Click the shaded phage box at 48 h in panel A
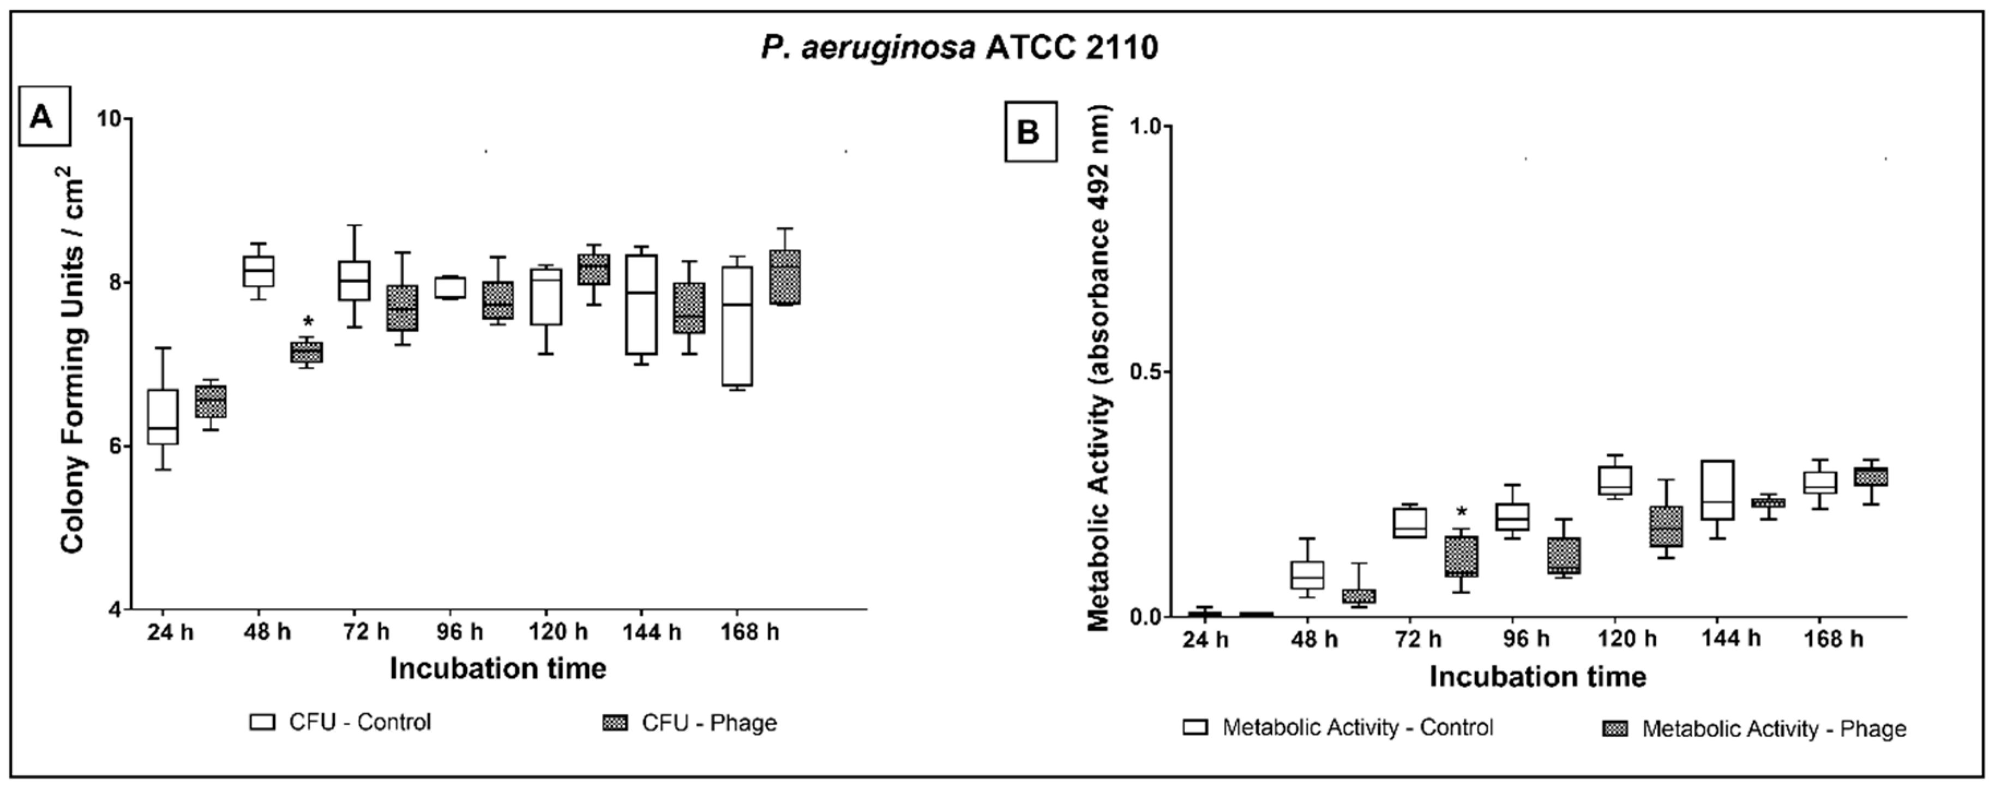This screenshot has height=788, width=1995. pyautogui.click(x=307, y=352)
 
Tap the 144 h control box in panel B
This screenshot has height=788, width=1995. pyautogui.click(x=1717, y=489)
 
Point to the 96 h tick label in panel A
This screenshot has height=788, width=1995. pyautogui.click(x=460, y=632)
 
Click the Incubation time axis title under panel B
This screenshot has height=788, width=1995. pyautogui.click(x=1537, y=677)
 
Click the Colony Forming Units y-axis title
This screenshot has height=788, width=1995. pyautogui.click(x=74, y=360)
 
